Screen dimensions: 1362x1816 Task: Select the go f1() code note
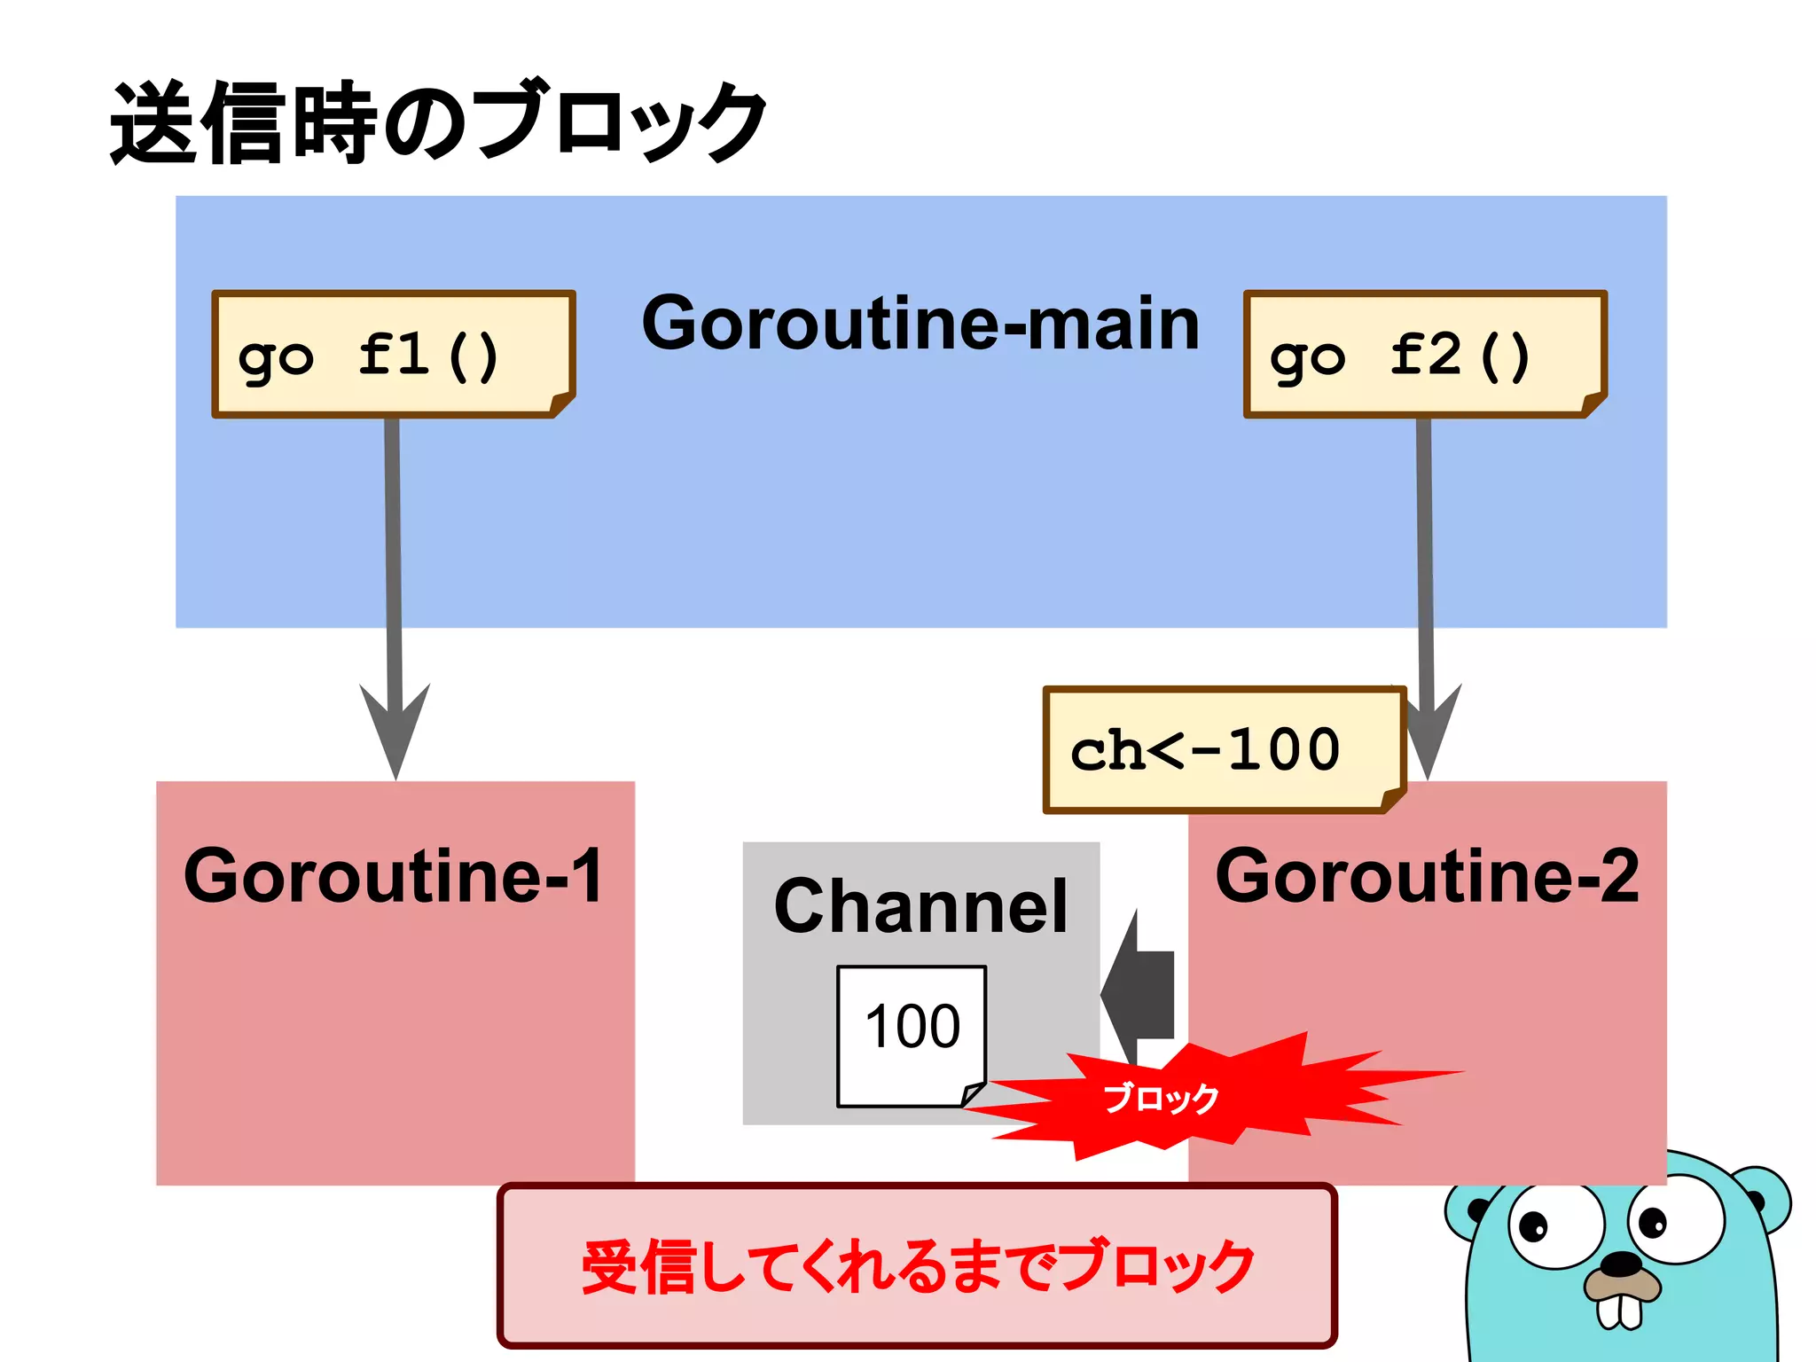[393, 354]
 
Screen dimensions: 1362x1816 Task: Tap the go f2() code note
[1424, 354]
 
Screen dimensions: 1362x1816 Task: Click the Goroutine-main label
[920, 324]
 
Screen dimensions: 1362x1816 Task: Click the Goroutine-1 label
[394, 876]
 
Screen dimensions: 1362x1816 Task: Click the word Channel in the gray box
[920, 906]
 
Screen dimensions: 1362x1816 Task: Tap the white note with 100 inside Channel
[912, 1033]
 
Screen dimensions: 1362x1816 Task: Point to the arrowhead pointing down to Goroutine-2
[1429, 736]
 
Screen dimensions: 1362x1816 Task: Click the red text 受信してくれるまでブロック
[917, 1265]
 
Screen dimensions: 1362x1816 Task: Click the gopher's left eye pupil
[1532, 1227]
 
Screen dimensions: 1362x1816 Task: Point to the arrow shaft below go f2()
[1425, 550]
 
